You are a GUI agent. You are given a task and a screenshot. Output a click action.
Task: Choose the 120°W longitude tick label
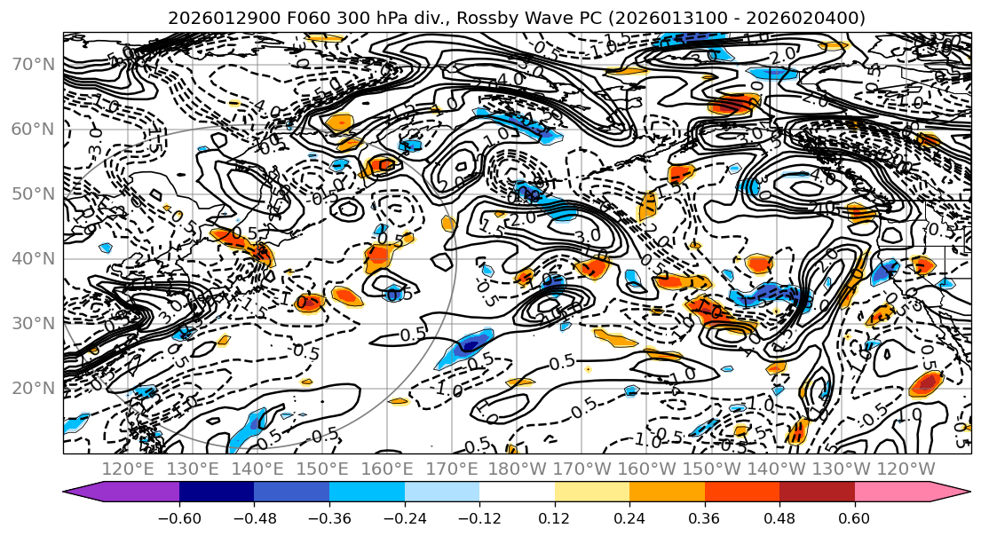pyautogui.click(x=906, y=469)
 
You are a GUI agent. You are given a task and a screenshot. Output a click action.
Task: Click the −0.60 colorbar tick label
pyautogui.click(x=179, y=518)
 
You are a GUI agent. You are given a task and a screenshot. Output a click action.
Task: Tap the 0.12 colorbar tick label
pyautogui.click(x=555, y=518)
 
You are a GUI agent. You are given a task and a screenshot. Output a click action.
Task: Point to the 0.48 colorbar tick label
pyautogui.click(x=779, y=518)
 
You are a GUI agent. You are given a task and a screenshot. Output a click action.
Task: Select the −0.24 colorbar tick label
pyautogui.click(x=405, y=518)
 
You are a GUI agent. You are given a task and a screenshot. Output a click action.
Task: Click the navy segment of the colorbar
pyautogui.click(x=217, y=493)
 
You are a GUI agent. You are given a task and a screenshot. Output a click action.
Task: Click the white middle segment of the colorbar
pyautogui.click(x=517, y=493)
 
